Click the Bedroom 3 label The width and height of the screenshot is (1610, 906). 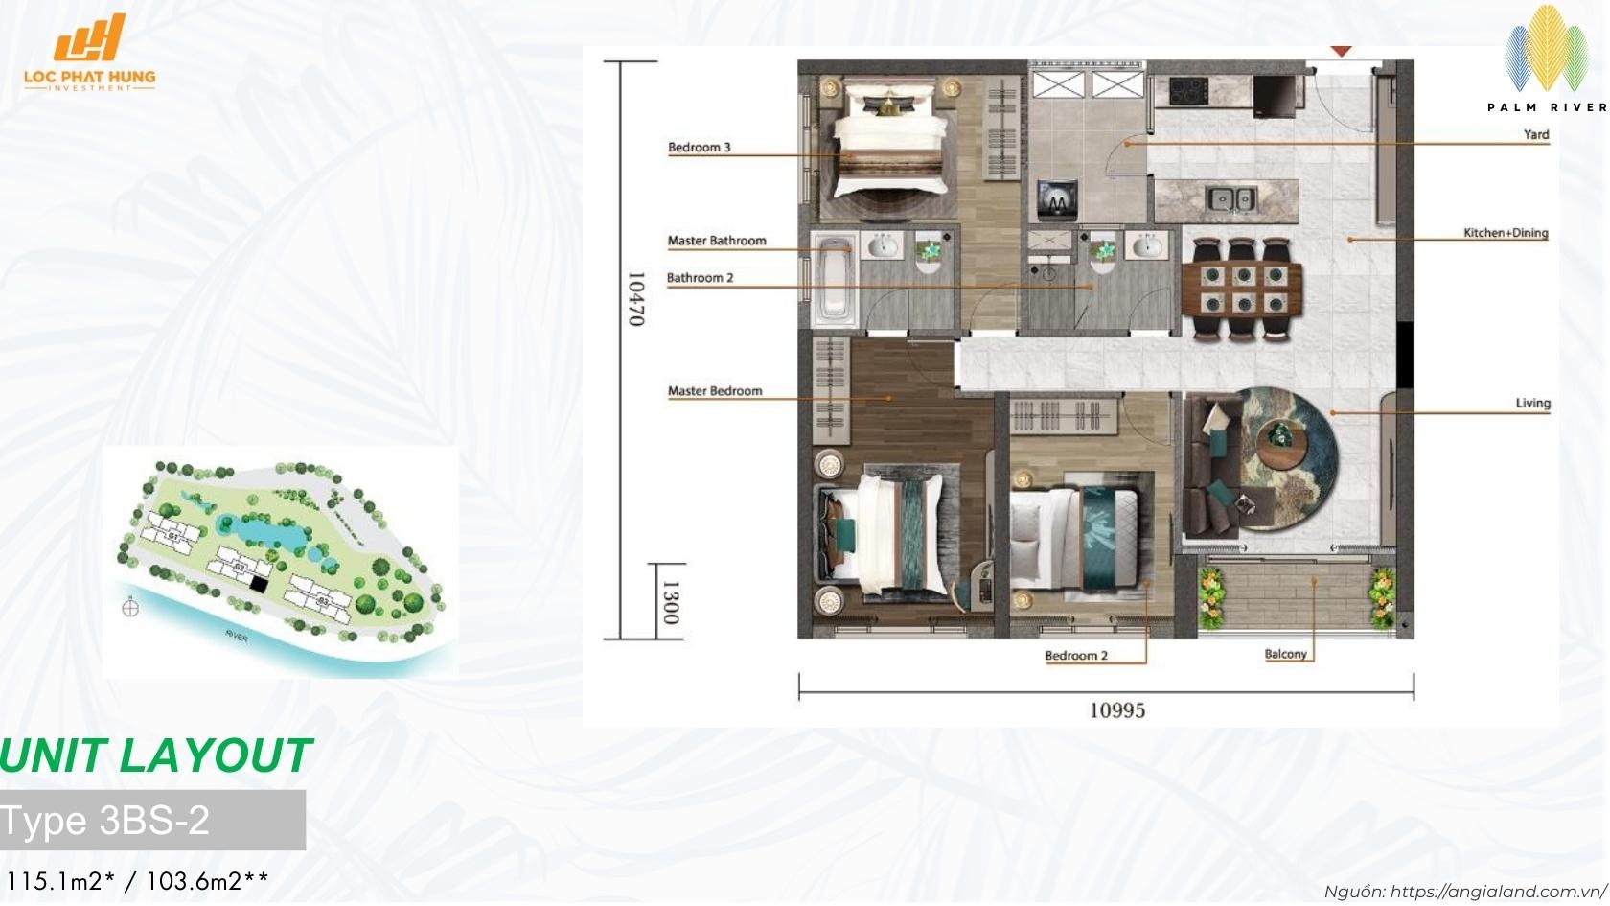pos(700,147)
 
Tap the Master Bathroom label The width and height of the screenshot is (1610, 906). pos(717,241)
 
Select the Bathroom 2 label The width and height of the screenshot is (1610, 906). pos(700,278)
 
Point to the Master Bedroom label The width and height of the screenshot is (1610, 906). pos(715,391)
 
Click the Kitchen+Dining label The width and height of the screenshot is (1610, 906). pos(1506,233)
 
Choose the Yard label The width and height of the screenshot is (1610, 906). pos(1536,134)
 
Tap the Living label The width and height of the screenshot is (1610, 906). pos(1532,403)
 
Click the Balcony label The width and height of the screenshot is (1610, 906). pos(1286,654)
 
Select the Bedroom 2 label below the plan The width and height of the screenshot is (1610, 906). pos(1076,656)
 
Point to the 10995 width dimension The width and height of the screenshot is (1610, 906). pos(1117,710)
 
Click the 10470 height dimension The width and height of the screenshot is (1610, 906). pos(636,298)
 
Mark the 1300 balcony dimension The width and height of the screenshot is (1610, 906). pos(671,602)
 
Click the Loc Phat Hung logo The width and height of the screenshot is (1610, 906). pos(89,53)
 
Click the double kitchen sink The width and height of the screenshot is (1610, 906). pos(1230,199)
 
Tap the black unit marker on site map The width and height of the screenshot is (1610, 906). pos(258,582)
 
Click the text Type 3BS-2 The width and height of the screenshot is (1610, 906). pos(105,821)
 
